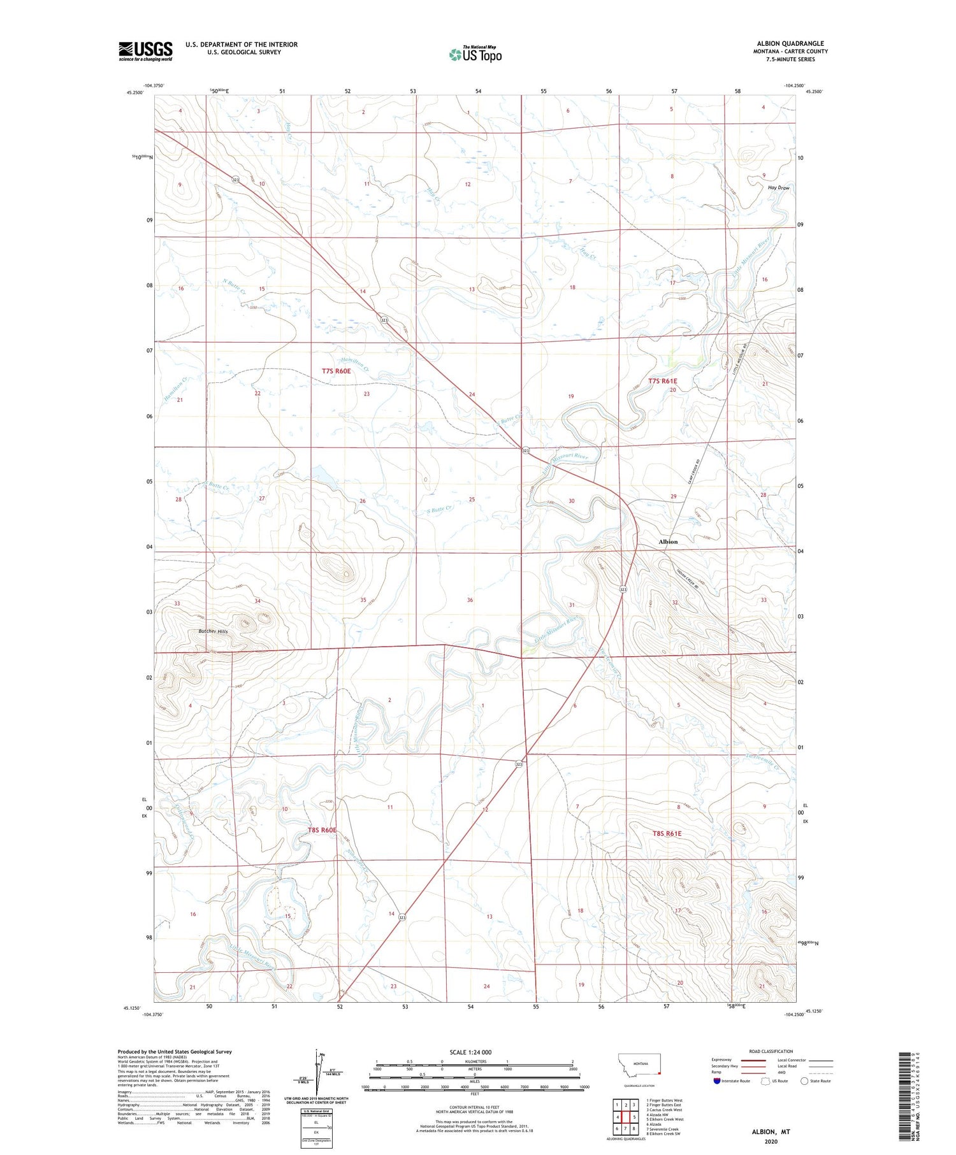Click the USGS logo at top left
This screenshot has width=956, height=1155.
pos(145,51)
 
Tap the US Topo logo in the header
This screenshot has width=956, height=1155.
pos(475,55)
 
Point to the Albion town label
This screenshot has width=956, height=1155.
pos(668,542)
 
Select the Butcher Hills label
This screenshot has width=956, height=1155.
pos(213,631)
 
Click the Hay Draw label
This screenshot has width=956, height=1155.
pos(778,188)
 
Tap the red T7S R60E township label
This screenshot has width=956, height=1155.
pos(336,371)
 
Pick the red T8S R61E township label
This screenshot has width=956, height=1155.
pos(667,833)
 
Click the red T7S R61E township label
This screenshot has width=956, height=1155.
pos(662,381)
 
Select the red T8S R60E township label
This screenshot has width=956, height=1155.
pos(321,830)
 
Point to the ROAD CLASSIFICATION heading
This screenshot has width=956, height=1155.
pos(771,1051)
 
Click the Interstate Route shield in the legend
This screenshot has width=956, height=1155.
pos(717,1080)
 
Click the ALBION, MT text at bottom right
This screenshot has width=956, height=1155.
pos(772,1131)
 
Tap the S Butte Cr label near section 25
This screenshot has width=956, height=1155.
pos(440,510)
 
